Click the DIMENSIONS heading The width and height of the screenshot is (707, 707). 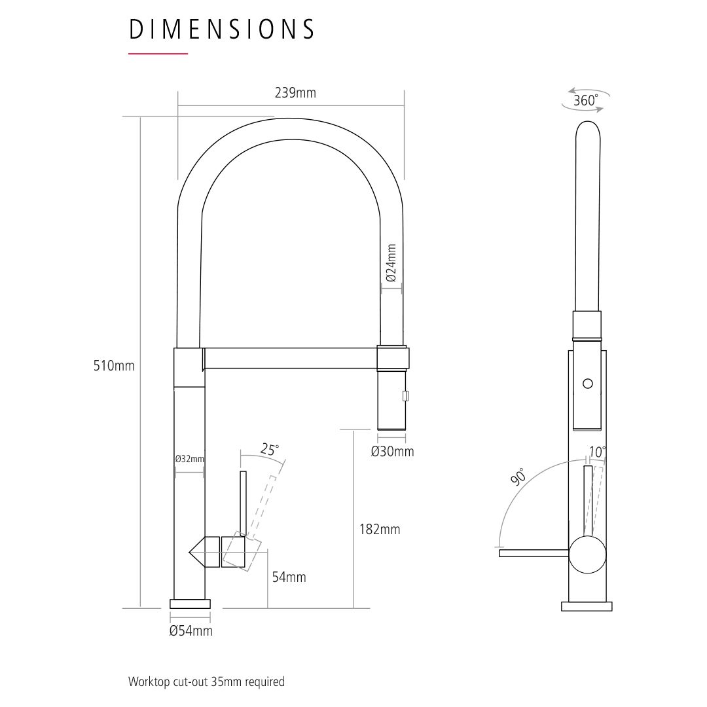221,29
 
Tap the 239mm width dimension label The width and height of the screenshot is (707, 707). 295,93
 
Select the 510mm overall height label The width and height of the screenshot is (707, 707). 114,365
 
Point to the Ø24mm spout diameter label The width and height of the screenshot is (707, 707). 391,263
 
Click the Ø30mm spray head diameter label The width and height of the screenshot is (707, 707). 392,451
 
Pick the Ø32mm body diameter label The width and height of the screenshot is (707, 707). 189,459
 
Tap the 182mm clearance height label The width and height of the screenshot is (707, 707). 380,529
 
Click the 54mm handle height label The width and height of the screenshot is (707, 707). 289,577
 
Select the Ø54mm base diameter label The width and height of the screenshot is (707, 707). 190,631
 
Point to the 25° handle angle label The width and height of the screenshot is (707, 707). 270,450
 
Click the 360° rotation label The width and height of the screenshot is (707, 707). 586,100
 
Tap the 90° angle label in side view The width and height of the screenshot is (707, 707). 518,477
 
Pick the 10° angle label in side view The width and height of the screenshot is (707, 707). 598,451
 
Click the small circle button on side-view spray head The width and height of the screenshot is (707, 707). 587,384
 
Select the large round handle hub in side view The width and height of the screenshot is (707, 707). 587,554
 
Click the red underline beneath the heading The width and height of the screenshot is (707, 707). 158,54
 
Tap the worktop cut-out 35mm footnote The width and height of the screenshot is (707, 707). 206,681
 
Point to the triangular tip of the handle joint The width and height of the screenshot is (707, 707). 189,551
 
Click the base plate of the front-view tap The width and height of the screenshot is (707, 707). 190,604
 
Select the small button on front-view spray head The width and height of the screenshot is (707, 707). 405,395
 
